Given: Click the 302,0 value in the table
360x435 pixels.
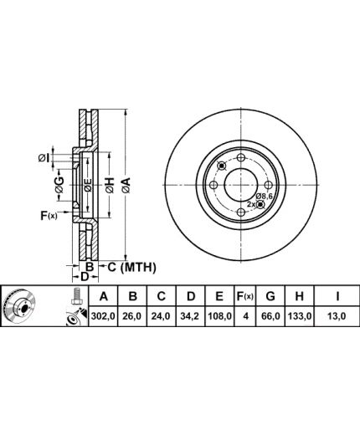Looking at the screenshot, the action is coord(103,316).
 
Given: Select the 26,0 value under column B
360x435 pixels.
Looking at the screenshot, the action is coord(132,316).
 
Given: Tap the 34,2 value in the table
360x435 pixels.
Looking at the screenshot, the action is coord(191,316).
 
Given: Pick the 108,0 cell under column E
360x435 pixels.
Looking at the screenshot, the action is coord(219,316).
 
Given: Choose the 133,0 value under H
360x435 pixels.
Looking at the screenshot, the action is coord(299,316).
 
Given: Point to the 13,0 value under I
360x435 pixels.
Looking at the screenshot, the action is coord(337,316).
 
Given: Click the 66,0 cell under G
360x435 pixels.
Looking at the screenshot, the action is coord(270,316).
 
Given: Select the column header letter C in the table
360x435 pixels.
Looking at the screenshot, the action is coord(162,296).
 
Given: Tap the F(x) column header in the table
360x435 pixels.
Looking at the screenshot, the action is coord(244,296).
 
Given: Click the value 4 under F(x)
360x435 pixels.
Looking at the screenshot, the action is coord(245,316).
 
